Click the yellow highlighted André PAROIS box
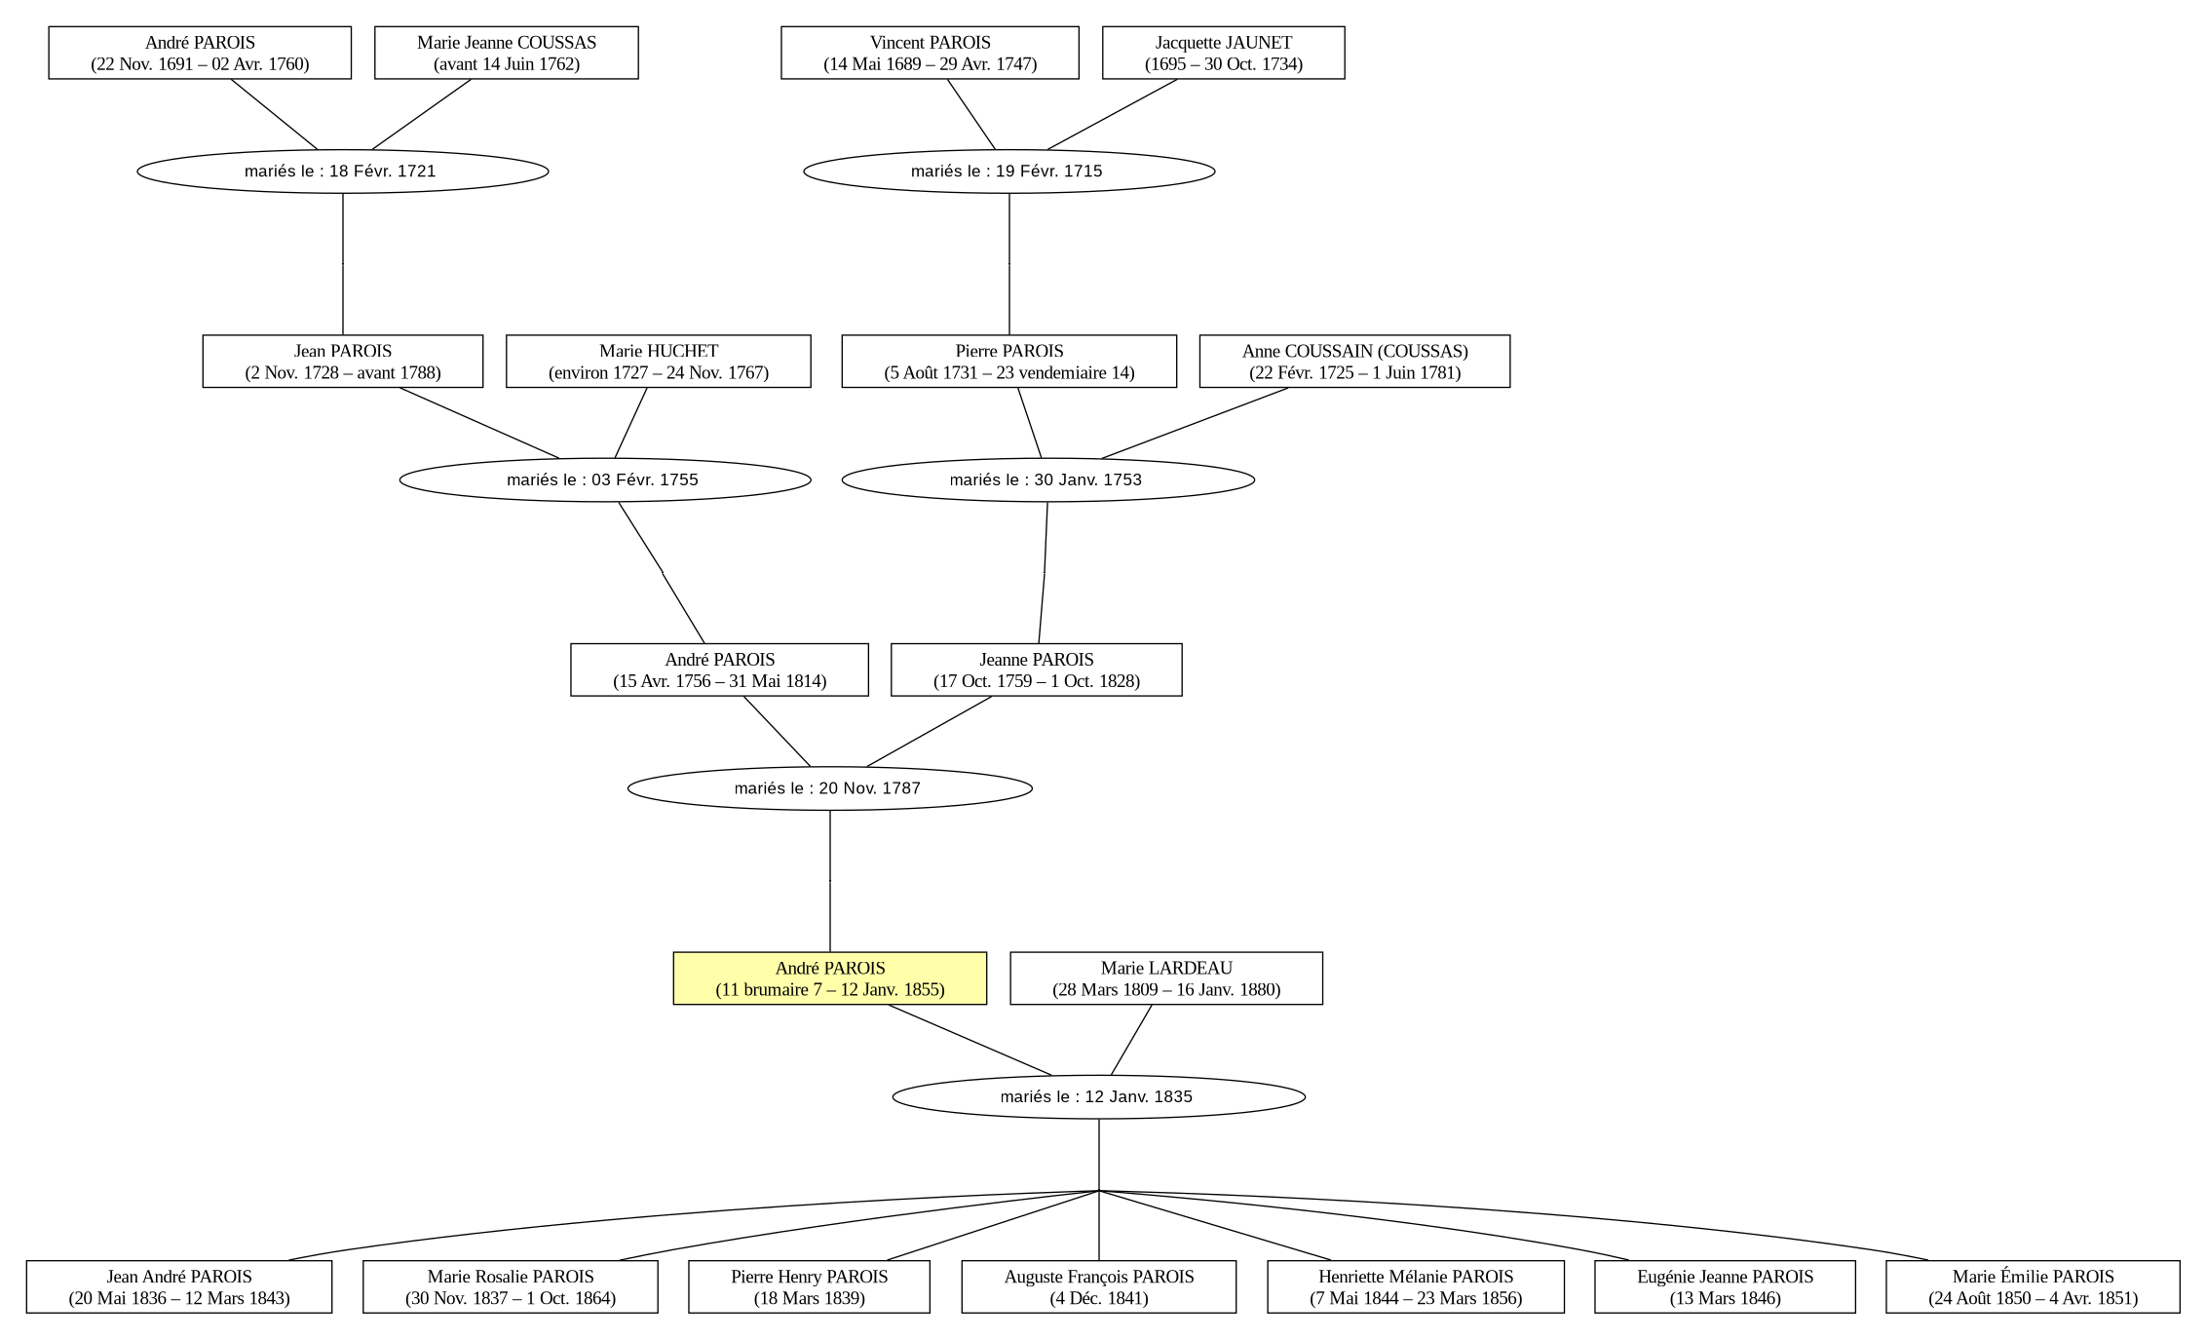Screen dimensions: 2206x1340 pyautogui.click(x=829, y=977)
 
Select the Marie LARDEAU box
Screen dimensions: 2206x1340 pyautogui.click(x=1166, y=977)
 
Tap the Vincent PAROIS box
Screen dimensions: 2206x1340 pyautogui.click(x=930, y=53)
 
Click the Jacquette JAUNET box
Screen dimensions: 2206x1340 pyautogui.click(x=1223, y=53)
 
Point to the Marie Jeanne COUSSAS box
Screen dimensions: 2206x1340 pyautogui.click(x=507, y=53)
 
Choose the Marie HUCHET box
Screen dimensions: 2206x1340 pyautogui.click(x=659, y=362)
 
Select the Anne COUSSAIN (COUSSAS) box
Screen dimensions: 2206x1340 pyautogui.click(x=1354, y=362)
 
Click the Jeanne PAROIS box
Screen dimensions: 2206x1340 pyautogui.click(x=1037, y=670)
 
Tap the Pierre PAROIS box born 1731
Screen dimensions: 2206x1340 pyautogui.click(x=1009, y=362)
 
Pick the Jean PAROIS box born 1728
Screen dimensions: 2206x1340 pyautogui.click(x=343, y=362)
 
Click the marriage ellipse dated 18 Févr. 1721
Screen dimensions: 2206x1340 pyautogui.click(x=343, y=172)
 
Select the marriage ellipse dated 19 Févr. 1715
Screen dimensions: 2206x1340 pyautogui.click(x=1009, y=172)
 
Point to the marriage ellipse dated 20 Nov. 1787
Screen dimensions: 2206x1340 pyautogui.click(x=830, y=788)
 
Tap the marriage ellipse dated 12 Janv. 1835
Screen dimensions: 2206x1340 pyautogui.click(x=1099, y=1097)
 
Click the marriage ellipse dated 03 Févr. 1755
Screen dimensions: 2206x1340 pyautogui.click(x=605, y=479)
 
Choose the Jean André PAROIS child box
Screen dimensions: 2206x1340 pyautogui.click(x=179, y=1286)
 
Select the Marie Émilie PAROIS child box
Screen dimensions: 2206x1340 pyautogui.click(x=2033, y=1286)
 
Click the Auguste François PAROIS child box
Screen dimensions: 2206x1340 pyautogui.click(x=1099, y=1286)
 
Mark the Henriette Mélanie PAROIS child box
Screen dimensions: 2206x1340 pyautogui.click(x=1416, y=1286)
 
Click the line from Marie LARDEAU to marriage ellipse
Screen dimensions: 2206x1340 pyautogui.click(x=1131, y=1040)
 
